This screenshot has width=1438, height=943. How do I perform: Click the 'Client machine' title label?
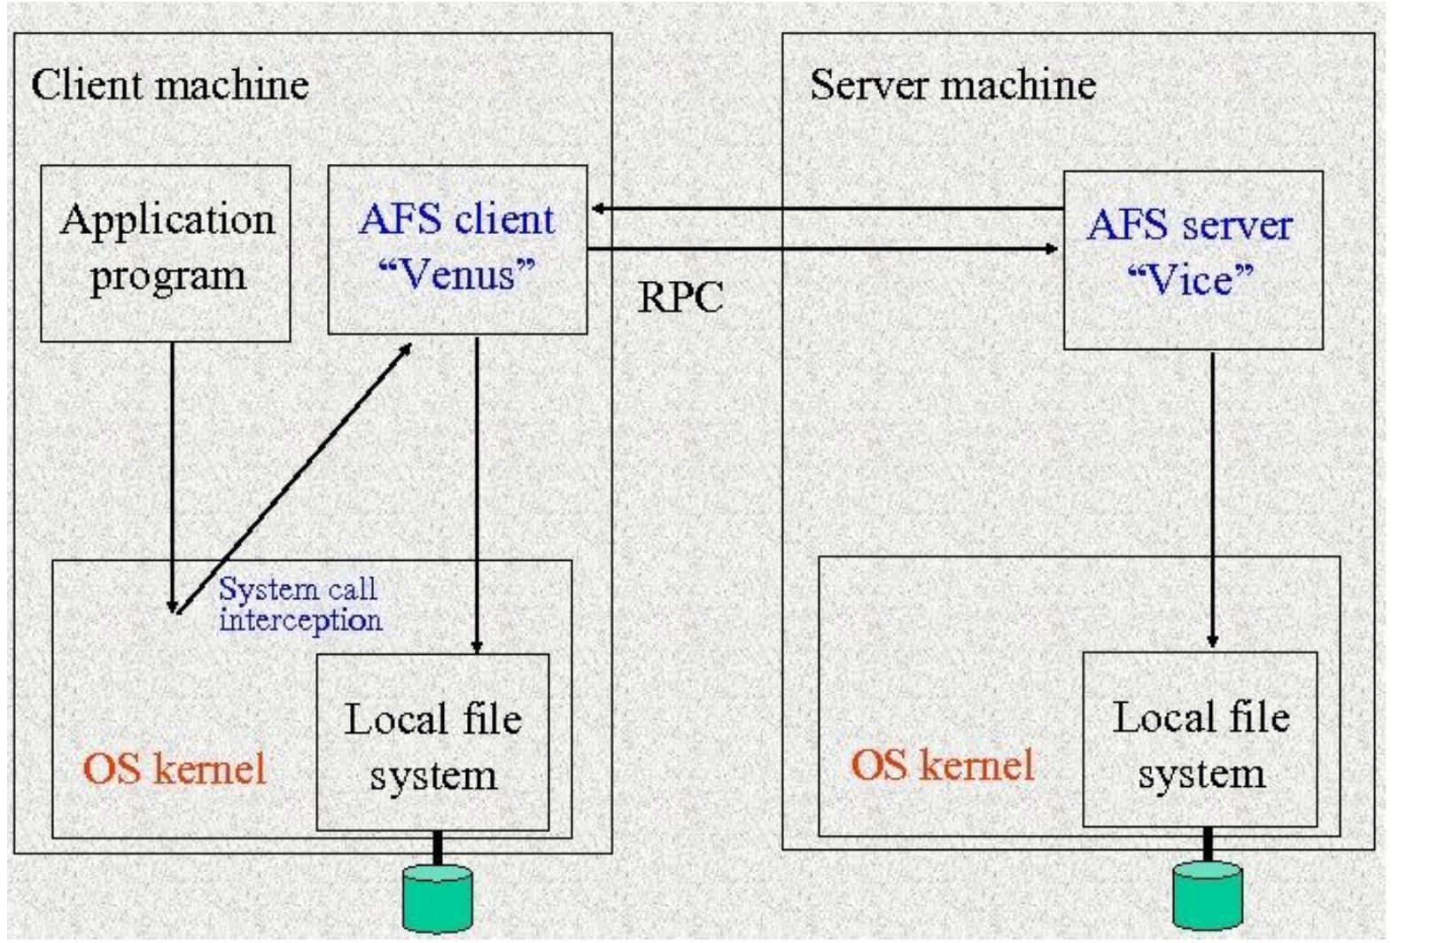tap(170, 85)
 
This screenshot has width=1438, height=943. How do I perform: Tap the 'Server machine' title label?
tap(952, 85)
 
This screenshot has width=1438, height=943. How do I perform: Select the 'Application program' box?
tap(166, 253)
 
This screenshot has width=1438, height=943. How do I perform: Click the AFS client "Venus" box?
tap(457, 249)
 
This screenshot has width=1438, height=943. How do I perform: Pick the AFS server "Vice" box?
tap(1192, 260)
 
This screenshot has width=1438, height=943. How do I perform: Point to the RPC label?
tap(680, 298)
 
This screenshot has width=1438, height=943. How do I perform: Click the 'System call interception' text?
tap(299, 604)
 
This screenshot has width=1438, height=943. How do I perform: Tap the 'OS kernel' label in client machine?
tap(175, 768)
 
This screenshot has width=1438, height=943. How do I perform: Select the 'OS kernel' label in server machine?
tap(942, 765)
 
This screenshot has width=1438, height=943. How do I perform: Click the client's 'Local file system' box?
tap(432, 743)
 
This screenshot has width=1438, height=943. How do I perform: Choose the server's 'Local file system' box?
tap(1200, 741)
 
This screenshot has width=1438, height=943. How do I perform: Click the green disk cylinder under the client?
tap(437, 899)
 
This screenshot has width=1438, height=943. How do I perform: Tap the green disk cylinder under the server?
tap(1208, 895)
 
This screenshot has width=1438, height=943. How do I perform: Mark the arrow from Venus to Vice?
tap(824, 249)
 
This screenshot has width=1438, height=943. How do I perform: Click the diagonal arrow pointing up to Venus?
tap(292, 479)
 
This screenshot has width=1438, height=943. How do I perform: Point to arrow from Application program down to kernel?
tap(172, 470)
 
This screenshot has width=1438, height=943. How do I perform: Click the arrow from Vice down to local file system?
tap(1212, 496)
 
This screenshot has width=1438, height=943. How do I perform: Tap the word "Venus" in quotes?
tap(457, 275)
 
